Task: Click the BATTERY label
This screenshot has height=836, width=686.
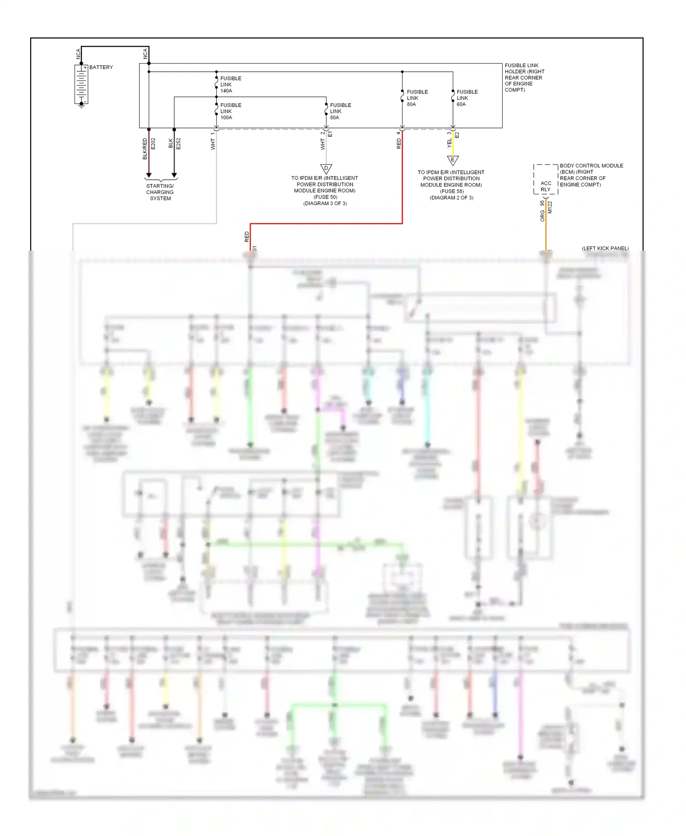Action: [101, 67]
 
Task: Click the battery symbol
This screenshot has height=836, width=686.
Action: [81, 84]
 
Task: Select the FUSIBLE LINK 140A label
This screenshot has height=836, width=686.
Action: [230, 85]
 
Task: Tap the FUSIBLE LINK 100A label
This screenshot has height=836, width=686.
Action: [230, 111]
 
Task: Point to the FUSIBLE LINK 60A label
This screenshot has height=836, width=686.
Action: [467, 98]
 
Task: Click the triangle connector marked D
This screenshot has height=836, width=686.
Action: [326, 168]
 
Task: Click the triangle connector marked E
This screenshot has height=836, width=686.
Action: [453, 160]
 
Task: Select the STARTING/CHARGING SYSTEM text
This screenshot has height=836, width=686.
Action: [160, 192]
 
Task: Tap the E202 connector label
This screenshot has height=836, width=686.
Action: [153, 144]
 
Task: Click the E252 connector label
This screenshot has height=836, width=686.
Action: [178, 144]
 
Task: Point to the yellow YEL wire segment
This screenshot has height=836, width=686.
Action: [453, 146]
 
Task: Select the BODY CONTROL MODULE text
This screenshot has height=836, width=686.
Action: [591, 166]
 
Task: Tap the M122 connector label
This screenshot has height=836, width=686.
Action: [550, 207]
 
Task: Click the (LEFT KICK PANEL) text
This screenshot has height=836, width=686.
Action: [605, 248]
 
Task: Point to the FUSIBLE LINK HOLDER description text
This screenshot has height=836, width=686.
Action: [524, 78]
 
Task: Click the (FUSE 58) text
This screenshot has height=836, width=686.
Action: [451, 191]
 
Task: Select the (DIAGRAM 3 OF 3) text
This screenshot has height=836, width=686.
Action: [325, 204]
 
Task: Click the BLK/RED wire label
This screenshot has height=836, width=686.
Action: [145, 149]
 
